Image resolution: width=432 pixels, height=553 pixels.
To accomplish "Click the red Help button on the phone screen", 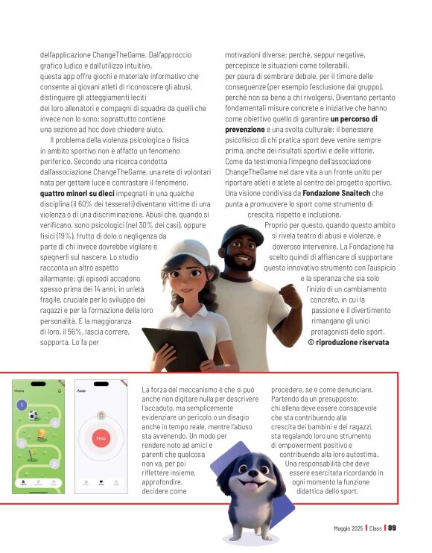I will pyautogui.click(x=101, y=438).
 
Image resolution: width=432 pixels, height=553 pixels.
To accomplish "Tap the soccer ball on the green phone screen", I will pyautogui.click(x=33, y=415).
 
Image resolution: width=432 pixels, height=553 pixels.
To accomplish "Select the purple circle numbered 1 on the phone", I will pyautogui.click(x=22, y=405).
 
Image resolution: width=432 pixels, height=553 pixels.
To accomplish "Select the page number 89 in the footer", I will pyautogui.click(x=392, y=528).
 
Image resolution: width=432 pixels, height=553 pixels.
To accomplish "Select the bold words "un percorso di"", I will pyautogui.click(x=354, y=118).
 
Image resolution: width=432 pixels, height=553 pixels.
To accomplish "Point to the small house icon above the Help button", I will pyautogui.click(x=101, y=414).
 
